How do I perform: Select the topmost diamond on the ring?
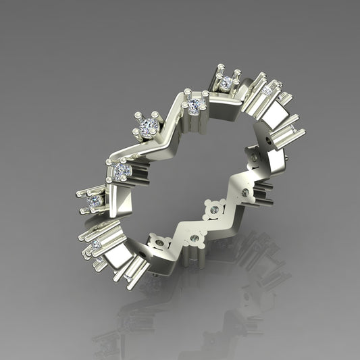click(x=226, y=82)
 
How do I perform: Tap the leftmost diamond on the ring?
click(x=95, y=201)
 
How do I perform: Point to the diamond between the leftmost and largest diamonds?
click(x=122, y=171)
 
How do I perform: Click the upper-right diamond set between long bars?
click(x=267, y=91)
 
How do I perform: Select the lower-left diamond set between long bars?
click(x=96, y=244)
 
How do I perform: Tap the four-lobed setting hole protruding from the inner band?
click(x=215, y=209)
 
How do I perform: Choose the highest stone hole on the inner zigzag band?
click(x=254, y=157)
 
